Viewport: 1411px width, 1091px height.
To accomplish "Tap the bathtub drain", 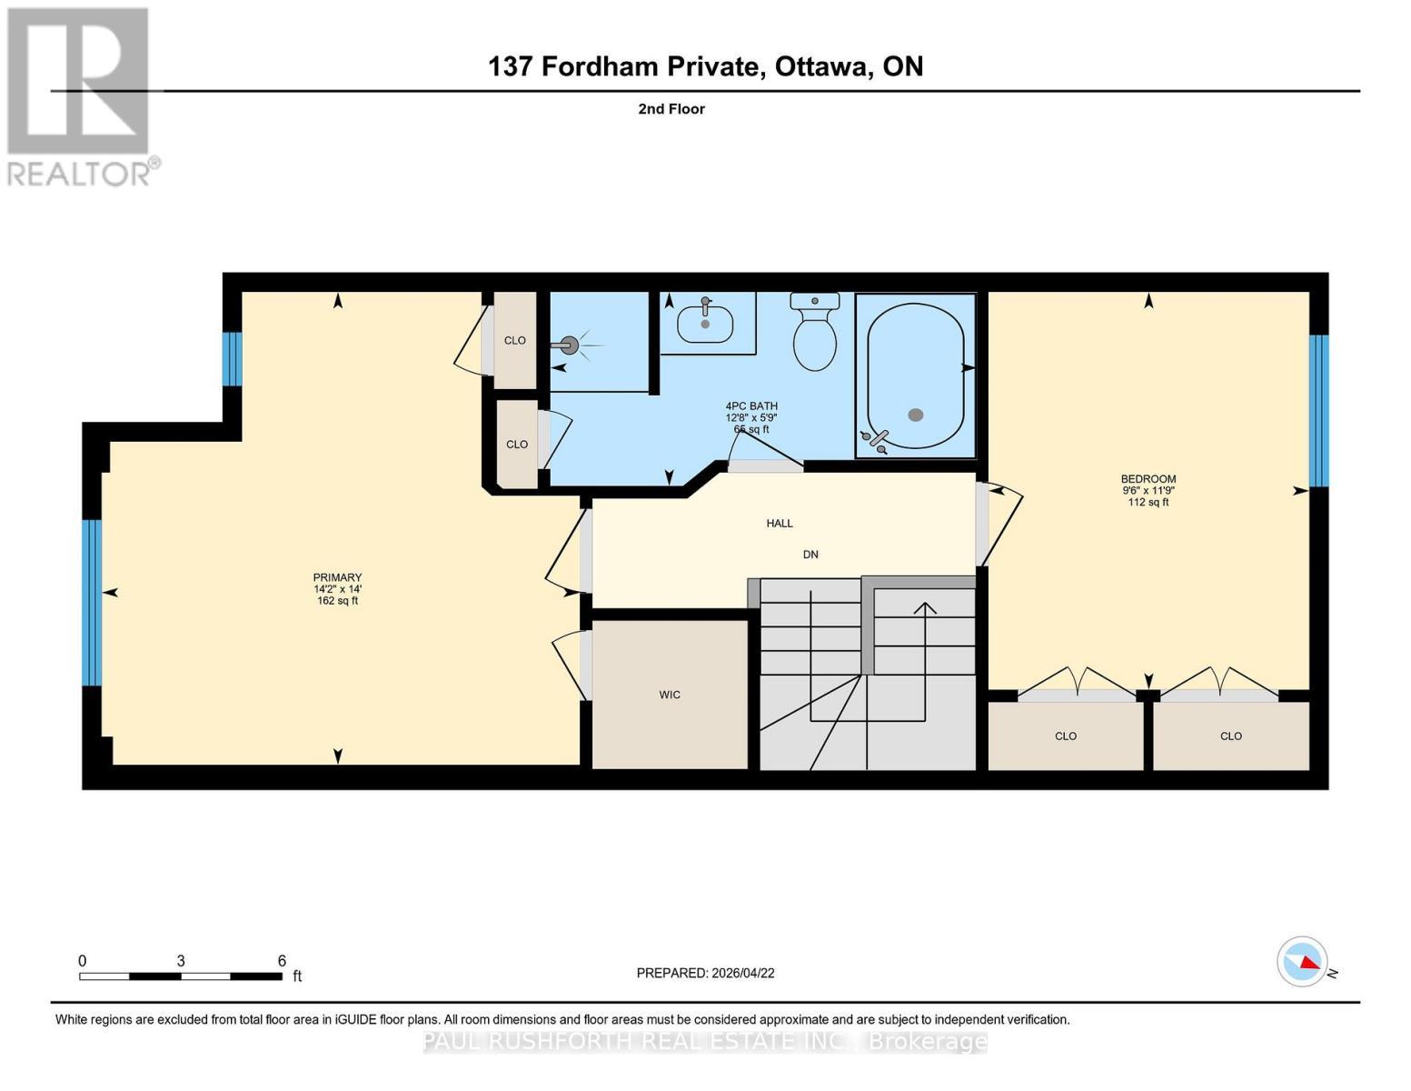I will tap(916, 415).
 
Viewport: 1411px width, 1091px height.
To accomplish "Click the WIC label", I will tap(670, 695).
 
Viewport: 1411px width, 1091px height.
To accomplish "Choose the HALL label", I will tap(780, 523).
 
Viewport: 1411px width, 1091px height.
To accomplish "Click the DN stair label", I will tap(810, 554).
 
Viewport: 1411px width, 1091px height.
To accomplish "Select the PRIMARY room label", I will tap(337, 577).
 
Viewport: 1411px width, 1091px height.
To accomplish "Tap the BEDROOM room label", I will tap(1148, 479).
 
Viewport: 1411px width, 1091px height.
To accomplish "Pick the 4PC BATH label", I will tap(750, 406).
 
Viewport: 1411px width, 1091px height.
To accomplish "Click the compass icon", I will tap(1302, 961).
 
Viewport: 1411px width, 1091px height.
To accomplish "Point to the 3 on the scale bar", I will tap(181, 961).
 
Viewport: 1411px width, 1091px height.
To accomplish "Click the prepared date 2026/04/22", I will tap(742, 973).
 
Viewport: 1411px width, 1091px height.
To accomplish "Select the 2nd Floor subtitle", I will tap(671, 109).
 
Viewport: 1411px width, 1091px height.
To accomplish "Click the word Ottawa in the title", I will tap(819, 66).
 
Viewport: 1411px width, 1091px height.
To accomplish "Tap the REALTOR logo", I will tap(80, 95).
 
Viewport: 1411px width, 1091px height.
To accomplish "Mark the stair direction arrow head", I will tap(925, 607).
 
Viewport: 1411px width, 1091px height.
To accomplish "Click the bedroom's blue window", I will tap(1318, 411).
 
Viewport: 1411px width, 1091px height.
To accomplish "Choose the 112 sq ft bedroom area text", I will tap(1148, 502).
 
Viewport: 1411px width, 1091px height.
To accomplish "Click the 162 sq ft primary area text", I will tap(337, 600).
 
